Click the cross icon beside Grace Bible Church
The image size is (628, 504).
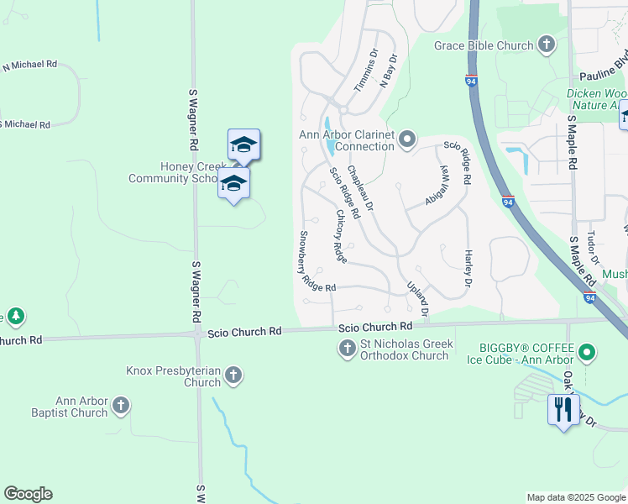point(547,45)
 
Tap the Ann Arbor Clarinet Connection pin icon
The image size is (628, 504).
point(408,139)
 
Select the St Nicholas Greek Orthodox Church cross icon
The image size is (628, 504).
point(348,348)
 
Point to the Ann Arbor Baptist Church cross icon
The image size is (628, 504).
point(121,407)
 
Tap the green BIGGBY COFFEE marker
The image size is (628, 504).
point(588,353)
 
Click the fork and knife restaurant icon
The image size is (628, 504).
point(562,409)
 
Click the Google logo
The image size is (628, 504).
point(28,494)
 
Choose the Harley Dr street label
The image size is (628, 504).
point(468,267)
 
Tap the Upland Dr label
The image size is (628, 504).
point(418,298)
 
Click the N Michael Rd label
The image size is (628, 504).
point(29,65)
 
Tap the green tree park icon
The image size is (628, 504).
point(15,316)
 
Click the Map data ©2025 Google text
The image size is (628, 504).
point(574,497)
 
